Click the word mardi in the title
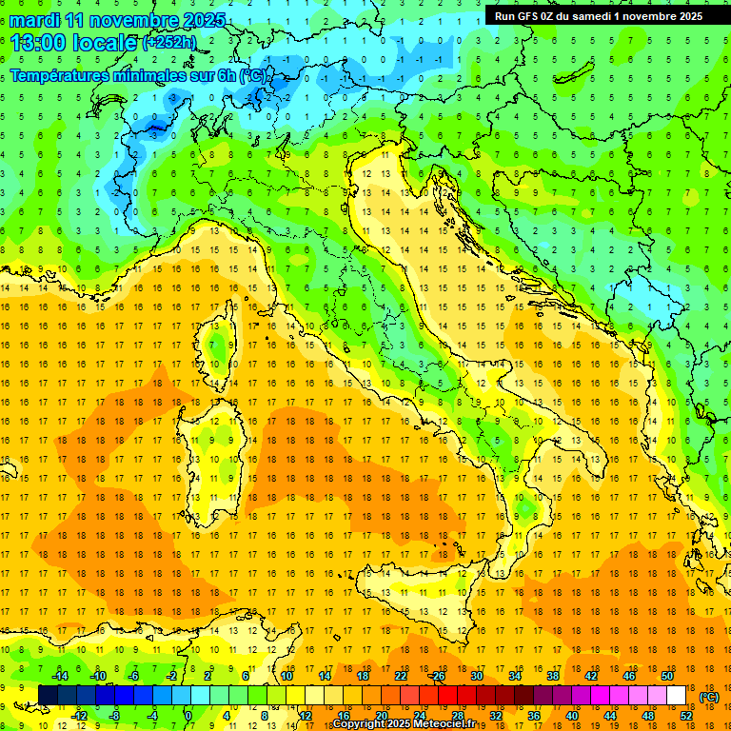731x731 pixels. [32, 20]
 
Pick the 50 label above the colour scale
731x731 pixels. [667, 676]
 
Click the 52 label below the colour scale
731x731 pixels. [686, 715]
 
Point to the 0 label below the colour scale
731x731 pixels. [188, 715]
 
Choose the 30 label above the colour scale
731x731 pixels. [477, 676]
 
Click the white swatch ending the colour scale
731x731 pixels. [676, 695]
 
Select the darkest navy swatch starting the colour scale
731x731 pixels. [48, 695]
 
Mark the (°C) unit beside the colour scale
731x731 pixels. [709, 697]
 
